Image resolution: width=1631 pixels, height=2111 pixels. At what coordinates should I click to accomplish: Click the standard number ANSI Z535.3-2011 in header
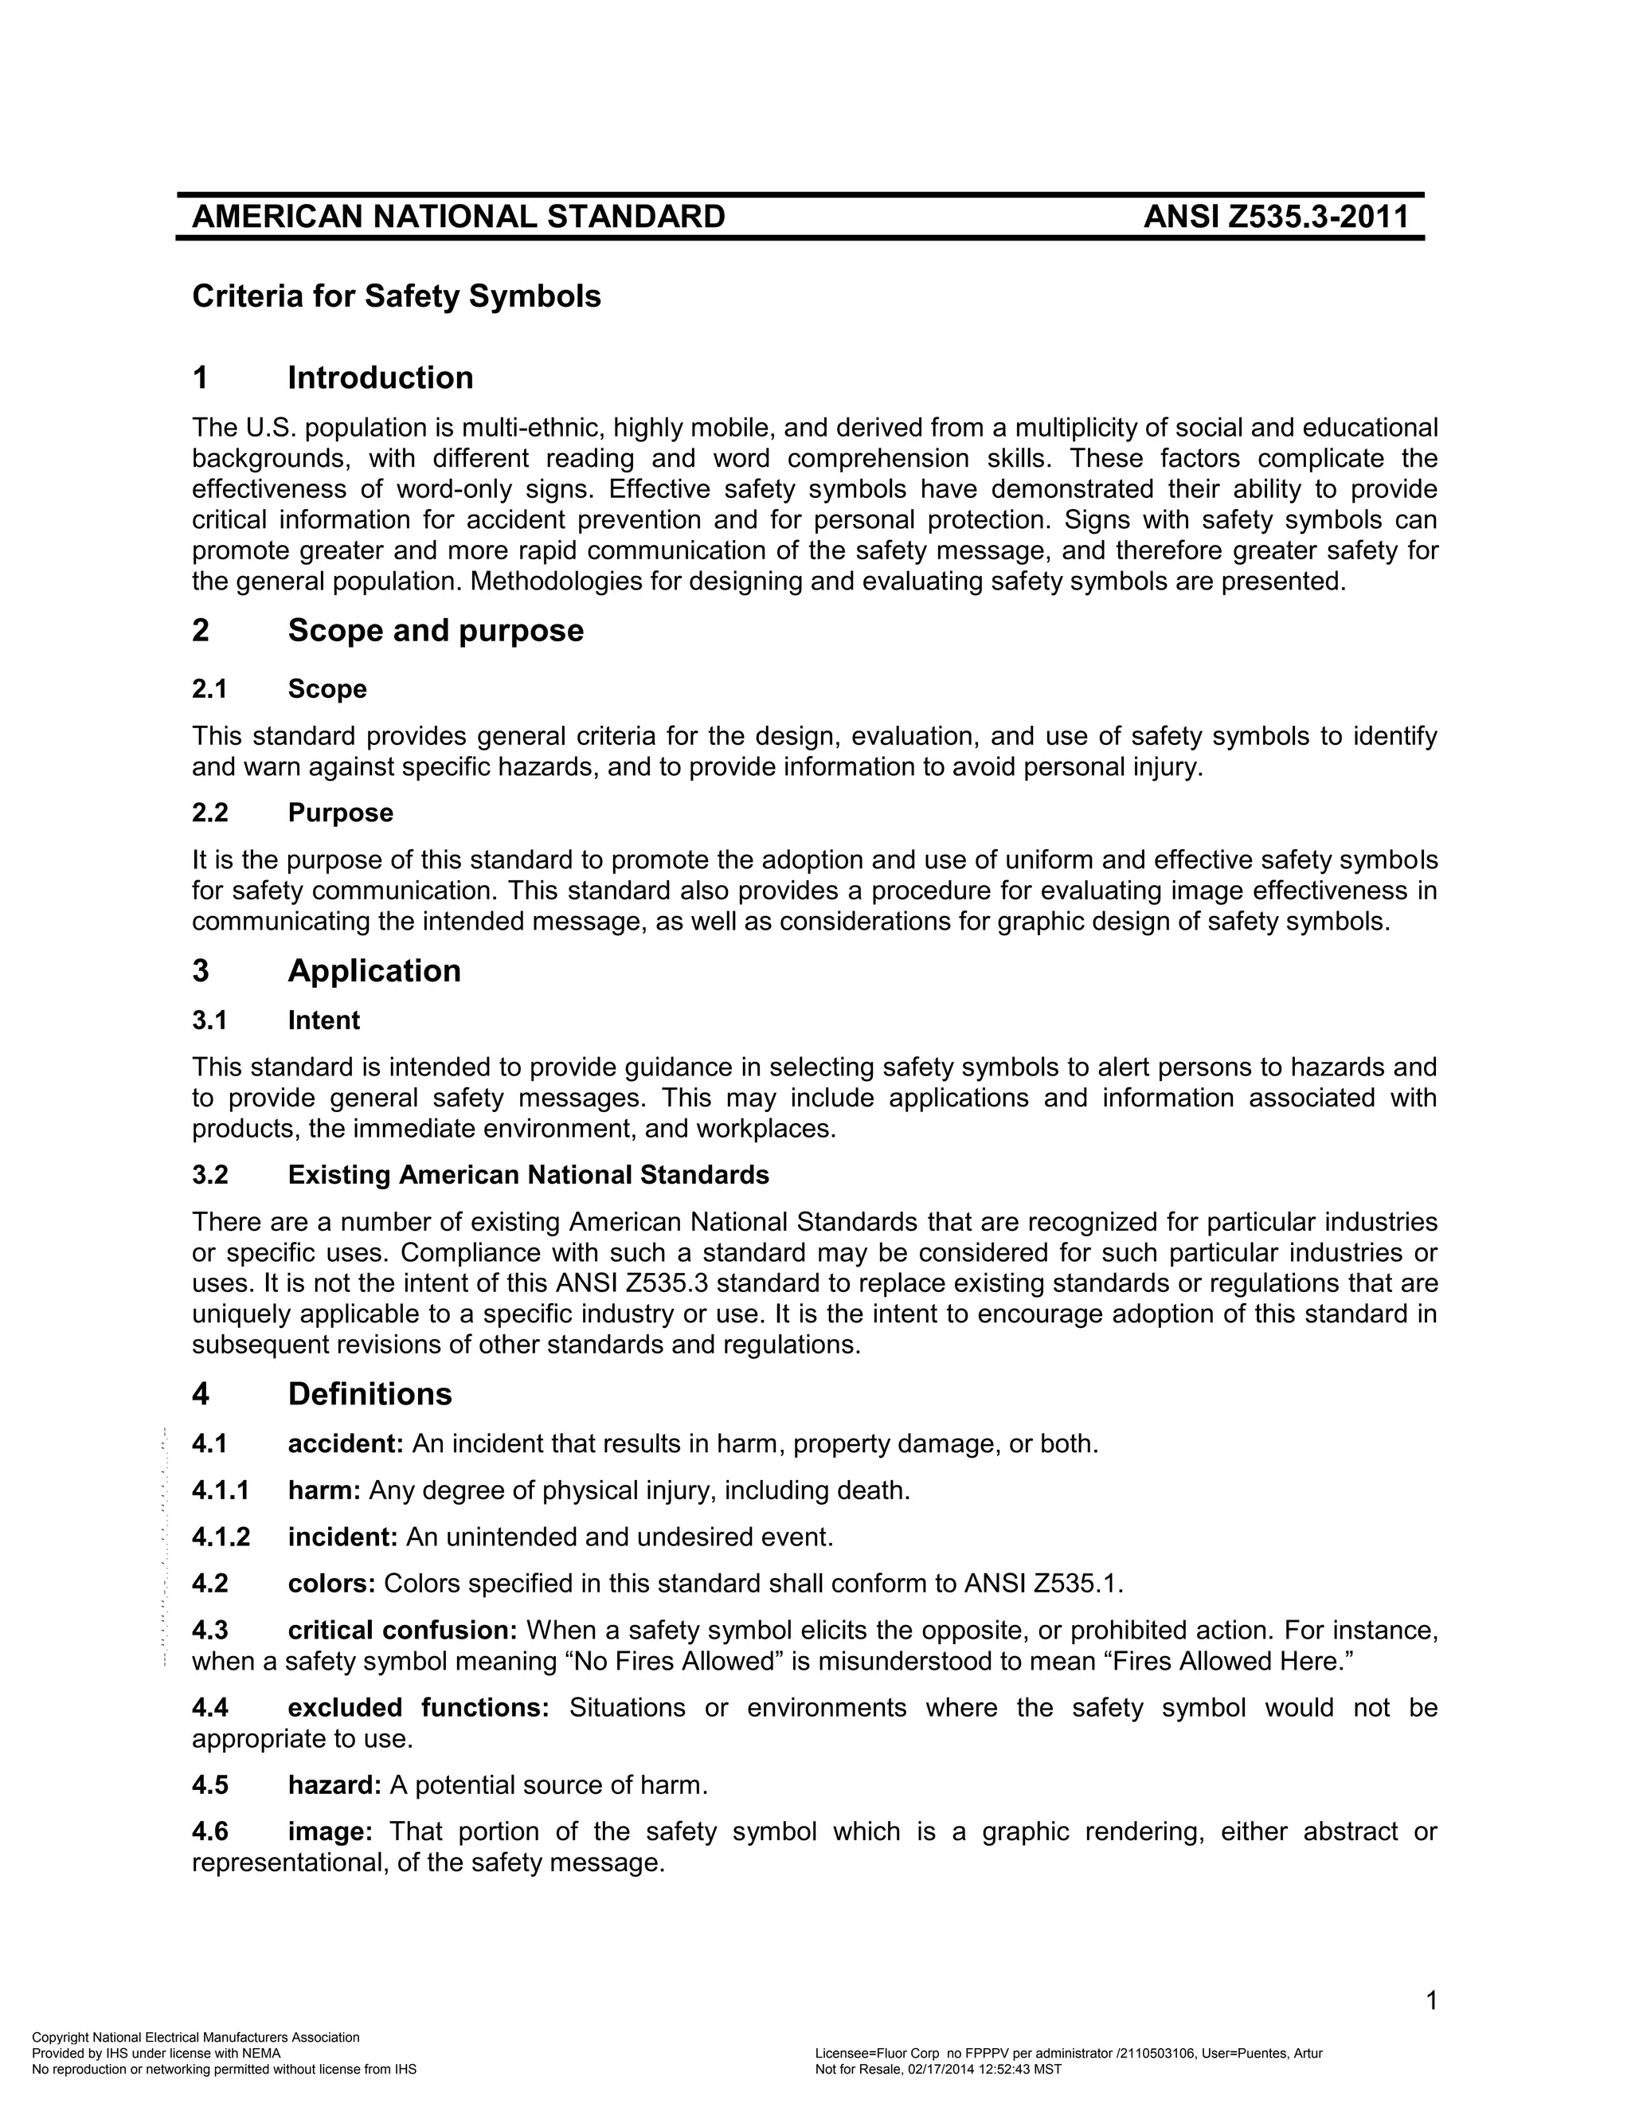pyautogui.click(x=1276, y=217)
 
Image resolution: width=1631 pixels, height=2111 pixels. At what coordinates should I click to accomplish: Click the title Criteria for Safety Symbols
pyautogui.click(x=396, y=296)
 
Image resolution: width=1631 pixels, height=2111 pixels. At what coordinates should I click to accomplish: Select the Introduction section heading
pyautogui.click(x=380, y=378)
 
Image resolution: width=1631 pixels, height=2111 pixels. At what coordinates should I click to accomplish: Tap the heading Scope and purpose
pyautogui.click(x=435, y=631)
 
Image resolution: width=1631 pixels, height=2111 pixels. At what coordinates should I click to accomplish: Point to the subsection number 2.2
pyautogui.click(x=209, y=813)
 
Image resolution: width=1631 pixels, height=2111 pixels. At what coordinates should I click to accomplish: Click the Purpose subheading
pyautogui.click(x=340, y=813)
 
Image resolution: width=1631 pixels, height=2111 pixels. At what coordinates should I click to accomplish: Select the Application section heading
pyautogui.click(x=374, y=971)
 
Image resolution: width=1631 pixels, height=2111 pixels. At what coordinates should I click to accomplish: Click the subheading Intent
pyautogui.click(x=323, y=1020)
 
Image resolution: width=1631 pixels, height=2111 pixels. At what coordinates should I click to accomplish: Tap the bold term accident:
pyautogui.click(x=345, y=1444)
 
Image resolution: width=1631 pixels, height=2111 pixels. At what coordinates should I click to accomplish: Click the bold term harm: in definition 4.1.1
pyautogui.click(x=323, y=1490)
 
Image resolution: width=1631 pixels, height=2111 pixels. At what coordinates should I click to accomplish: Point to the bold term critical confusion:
pyautogui.click(x=402, y=1631)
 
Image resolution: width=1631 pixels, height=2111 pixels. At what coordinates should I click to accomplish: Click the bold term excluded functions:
pyautogui.click(x=417, y=1708)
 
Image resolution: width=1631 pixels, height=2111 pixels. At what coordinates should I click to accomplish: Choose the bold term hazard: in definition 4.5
pyautogui.click(x=334, y=1785)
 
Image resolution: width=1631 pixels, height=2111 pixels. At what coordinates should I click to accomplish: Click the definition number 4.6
pyautogui.click(x=209, y=1831)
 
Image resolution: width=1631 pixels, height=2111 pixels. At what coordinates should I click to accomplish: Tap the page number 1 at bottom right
pyautogui.click(x=1431, y=2001)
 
